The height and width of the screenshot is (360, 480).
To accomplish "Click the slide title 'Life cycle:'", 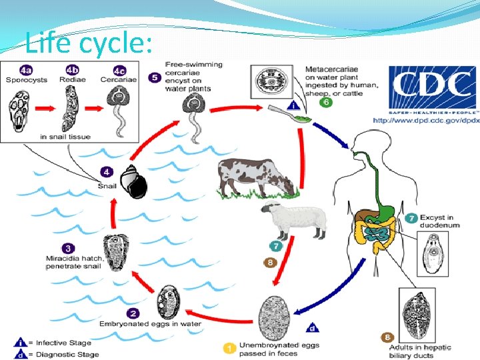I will [x=89, y=44].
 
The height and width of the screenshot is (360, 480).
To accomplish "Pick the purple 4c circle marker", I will [x=119, y=71].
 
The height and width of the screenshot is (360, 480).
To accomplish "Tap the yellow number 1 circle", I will [x=228, y=347].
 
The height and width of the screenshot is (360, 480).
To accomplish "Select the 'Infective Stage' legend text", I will [x=63, y=343].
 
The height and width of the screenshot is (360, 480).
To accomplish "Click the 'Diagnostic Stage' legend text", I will [x=67, y=353].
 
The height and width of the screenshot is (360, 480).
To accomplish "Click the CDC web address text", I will [x=426, y=121].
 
